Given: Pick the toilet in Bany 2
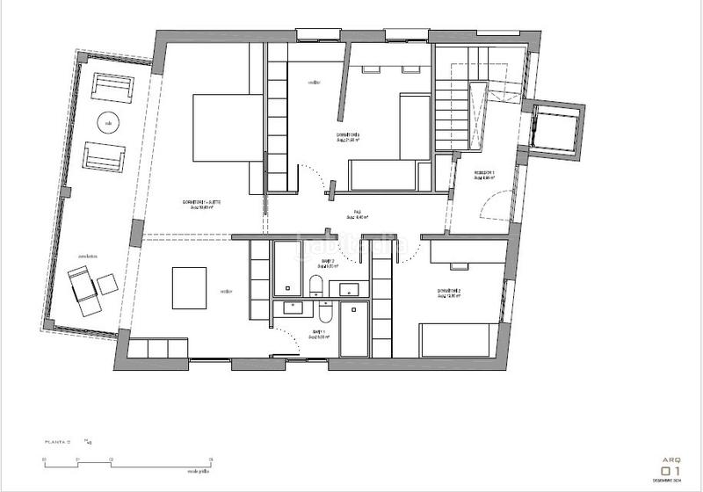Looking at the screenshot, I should tap(314, 283).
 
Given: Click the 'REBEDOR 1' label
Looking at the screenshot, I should tap(484, 173).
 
